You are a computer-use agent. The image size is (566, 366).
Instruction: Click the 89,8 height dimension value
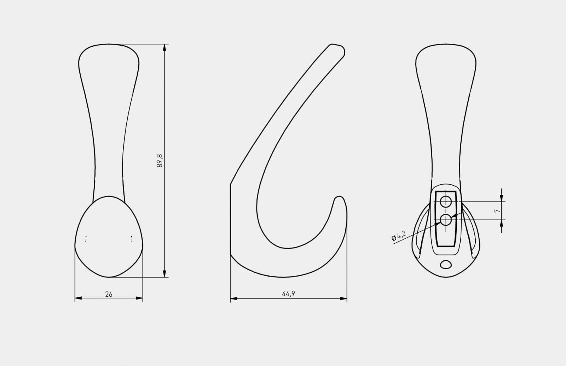[160, 161]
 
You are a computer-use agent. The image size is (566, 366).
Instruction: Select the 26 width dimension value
[109, 294]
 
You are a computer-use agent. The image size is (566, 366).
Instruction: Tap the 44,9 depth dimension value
[289, 294]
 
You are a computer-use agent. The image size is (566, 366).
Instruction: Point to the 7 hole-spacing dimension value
[497, 211]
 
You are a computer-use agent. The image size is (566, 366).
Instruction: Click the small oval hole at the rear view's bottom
[446, 264]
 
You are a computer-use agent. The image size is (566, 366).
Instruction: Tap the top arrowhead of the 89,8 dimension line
[164, 48]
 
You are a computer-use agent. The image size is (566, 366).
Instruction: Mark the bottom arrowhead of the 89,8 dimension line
[164, 274]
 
